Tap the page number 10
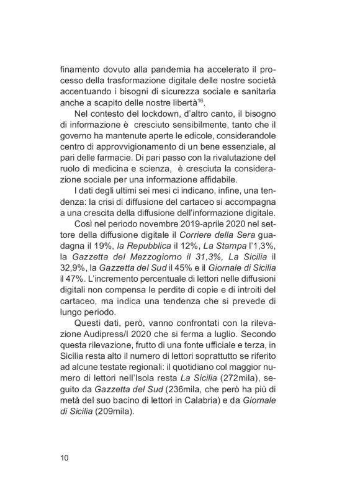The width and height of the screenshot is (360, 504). click(65, 458)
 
